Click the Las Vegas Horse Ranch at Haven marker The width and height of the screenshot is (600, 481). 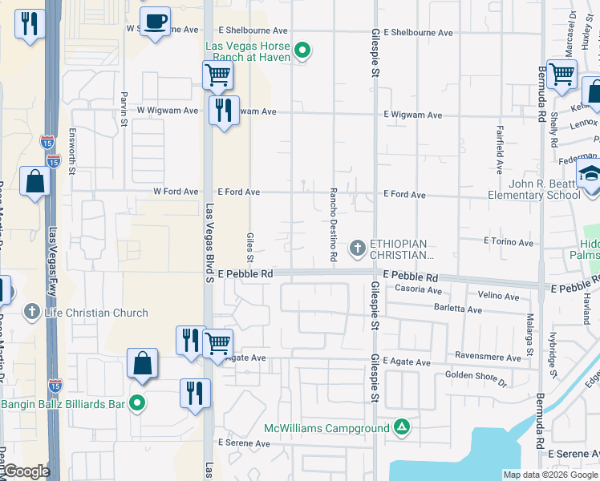tap(302, 53)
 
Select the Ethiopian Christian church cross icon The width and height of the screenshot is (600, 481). tap(357, 249)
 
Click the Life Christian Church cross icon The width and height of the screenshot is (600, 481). tap(31, 312)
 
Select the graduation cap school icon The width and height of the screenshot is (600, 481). tap(590, 174)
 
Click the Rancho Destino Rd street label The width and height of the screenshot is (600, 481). tap(333, 224)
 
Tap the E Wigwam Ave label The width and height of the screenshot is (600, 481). tap(412, 115)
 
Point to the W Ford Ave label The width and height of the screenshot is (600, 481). tap(176, 192)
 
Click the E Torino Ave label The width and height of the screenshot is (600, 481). tap(509, 242)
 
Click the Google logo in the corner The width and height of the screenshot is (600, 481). tap(26, 472)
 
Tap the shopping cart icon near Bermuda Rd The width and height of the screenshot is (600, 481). tap(561, 75)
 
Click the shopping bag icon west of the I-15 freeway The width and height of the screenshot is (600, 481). tap(36, 183)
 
